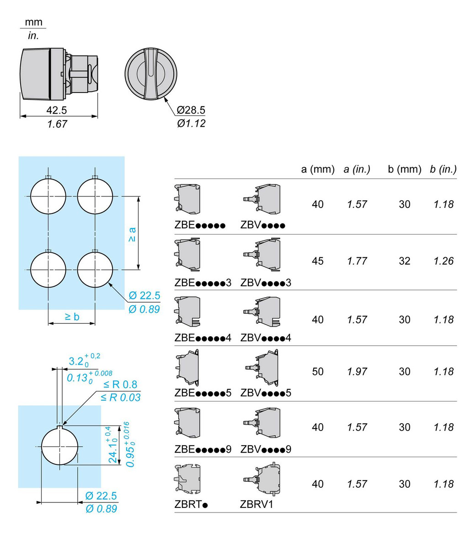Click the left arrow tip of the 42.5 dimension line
(x=21, y=116)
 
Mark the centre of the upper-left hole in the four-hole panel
(x=48, y=196)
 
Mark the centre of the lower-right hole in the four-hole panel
(x=95, y=269)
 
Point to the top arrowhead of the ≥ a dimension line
(x=139, y=196)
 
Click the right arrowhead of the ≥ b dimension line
(x=95, y=323)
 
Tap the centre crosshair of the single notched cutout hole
(x=59, y=446)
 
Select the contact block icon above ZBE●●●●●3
(x=187, y=256)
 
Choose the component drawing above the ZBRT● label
(x=187, y=479)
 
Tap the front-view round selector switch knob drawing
(x=151, y=74)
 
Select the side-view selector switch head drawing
(x=59, y=74)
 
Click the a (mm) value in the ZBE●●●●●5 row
(x=318, y=371)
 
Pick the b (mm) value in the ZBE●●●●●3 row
(x=405, y=261)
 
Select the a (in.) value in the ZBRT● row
(x=357, y=484)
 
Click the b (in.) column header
(x=443, y=169)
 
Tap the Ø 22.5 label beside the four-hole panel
(x=144, y=295)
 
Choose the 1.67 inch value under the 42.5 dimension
(x=57, y=124)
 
